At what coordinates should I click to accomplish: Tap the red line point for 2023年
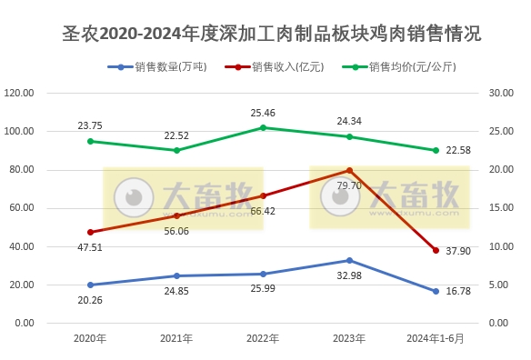point(349,170)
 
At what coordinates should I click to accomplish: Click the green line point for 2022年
point(263,127)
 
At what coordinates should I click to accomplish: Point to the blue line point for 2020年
point(90,285)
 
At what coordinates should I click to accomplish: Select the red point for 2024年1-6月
point(436,250)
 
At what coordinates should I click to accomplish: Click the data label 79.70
point(349,185)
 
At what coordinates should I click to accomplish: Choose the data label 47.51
point(90,245)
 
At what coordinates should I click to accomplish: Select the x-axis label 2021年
point(176,338)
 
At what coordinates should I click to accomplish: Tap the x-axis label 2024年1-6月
point(436,338)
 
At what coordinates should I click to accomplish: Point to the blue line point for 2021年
point(176,275)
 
